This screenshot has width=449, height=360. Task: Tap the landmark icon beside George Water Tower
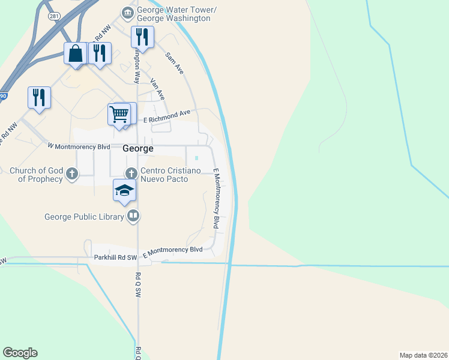point(127,13)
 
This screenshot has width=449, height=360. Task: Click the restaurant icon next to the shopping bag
point(100,53)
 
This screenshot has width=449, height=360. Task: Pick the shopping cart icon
point(119,113)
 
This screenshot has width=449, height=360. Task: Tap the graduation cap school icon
point(125,190)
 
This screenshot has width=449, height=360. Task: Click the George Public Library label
point(85,216)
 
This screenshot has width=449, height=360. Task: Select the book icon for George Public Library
point(134,216)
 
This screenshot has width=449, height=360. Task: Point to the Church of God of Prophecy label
point(36,175)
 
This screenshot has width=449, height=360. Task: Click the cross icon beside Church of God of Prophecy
point(71,174)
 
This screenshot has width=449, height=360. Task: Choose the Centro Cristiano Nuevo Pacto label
point(169,175)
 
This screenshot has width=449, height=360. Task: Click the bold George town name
point(138,148)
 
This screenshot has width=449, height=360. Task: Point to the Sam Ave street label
point(175,62)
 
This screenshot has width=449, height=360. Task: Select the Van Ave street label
point(157,88)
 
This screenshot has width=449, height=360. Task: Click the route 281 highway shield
point(54,16)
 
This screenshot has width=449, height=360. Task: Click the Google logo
point(20,353)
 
